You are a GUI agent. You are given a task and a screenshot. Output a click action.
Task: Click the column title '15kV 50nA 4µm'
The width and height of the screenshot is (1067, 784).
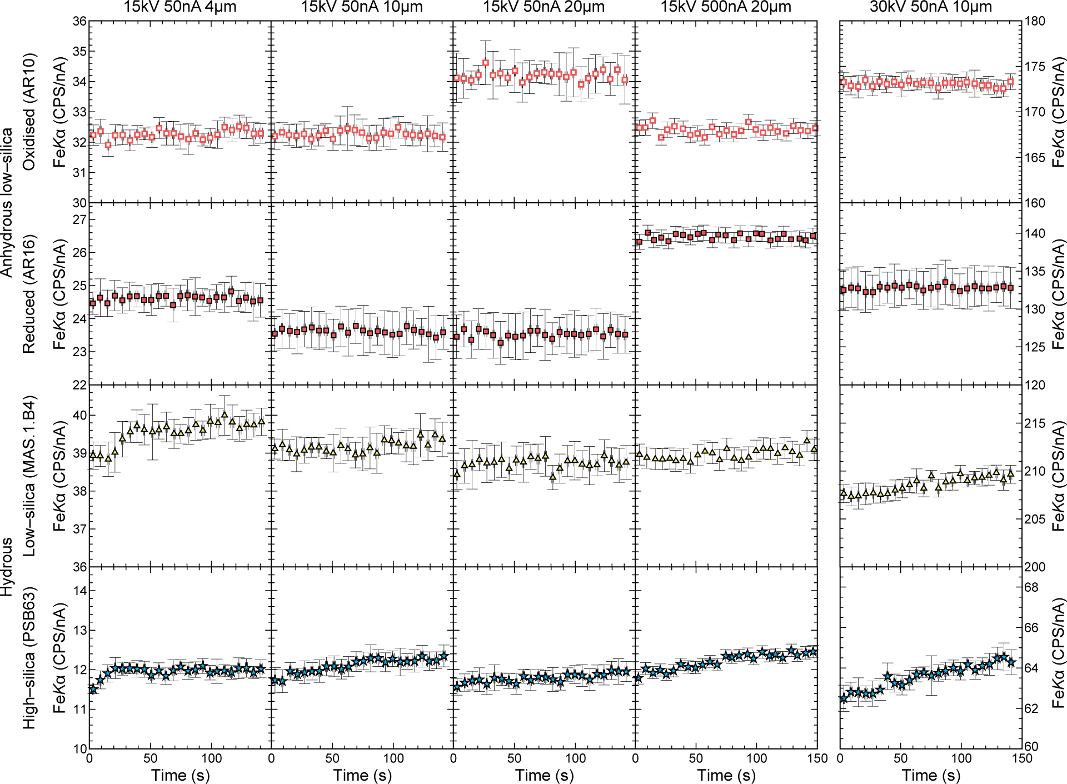click(x=180, y=7)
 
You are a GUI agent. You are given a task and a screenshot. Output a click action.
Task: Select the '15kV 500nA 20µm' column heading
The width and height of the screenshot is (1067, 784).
click(x=726, y=7)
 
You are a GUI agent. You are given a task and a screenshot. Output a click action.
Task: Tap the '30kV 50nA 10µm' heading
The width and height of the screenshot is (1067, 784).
click(x=931, y=7)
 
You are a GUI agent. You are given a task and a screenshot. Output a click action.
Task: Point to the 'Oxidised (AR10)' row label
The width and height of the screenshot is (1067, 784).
click(x=29, y=112)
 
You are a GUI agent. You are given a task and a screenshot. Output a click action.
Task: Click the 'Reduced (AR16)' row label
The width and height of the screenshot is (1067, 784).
click(x=29, y=294)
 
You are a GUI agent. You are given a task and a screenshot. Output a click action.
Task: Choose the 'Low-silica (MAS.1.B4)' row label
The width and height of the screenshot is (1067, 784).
click(x=29, y=476)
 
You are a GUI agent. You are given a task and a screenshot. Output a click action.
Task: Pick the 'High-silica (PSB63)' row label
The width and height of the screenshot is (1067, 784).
click(x=29, y=658)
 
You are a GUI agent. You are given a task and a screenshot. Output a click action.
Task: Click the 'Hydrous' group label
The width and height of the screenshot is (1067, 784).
click(x=7, y=567)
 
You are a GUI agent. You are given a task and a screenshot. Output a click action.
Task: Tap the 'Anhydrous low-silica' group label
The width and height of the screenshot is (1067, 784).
click(x=7, y=203)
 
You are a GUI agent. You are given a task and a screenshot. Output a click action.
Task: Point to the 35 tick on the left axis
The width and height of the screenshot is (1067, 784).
click(x=80, y=52)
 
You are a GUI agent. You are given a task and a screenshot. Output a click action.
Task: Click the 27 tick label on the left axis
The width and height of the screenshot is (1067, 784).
click(x=80, y=219)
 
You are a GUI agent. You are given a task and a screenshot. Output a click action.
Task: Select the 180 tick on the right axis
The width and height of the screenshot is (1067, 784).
click(x=1035, y=21)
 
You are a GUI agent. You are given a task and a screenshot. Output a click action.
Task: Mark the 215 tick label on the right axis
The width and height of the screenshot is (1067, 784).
click(x=1035, y=423)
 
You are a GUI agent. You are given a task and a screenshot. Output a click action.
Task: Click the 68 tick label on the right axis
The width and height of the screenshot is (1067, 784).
click(x=1031, y=587)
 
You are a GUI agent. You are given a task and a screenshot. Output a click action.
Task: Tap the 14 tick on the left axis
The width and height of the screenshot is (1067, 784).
click(x=80, y=591)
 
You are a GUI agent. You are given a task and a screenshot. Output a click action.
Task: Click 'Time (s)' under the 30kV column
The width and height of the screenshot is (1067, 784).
click(x=931, y=775)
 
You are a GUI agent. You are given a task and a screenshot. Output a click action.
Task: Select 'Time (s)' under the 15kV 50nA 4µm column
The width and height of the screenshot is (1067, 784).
click(x=181, y=775)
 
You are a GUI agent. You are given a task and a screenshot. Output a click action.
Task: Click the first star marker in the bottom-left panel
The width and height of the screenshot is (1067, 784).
click(x=93, y=689)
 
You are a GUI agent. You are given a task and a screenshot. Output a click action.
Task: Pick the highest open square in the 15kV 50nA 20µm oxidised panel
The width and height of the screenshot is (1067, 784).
click(x=486, y=63)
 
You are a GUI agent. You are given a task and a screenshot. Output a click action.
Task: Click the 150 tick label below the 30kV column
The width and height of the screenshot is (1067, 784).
click(x=1021, y=758)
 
